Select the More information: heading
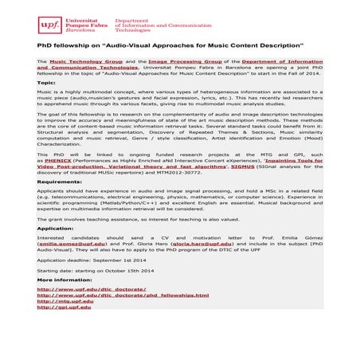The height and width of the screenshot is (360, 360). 65,280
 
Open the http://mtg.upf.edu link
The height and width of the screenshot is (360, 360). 66,302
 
